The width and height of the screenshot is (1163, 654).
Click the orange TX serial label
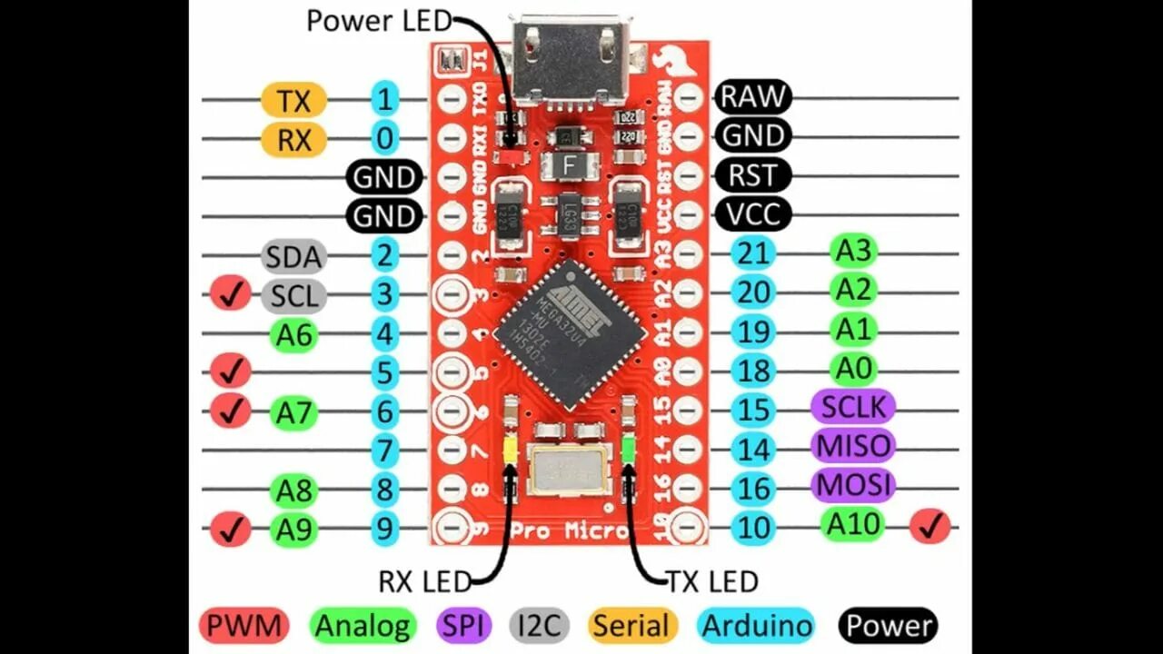point(293,100)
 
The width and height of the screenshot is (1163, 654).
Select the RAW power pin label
point(753,96)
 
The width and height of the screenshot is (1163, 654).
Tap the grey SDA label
point(293,257)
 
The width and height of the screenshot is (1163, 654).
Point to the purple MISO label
point(853,446)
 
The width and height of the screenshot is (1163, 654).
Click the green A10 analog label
point(853,524)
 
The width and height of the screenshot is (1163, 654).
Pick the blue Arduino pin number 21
point(752,253)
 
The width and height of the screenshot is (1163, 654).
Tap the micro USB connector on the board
point(570,58)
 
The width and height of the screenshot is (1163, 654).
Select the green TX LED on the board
point(629,449)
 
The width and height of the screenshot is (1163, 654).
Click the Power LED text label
point(378,20)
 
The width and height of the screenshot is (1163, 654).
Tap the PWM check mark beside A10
point(929,526)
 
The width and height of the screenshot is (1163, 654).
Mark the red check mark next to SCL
point(231,295)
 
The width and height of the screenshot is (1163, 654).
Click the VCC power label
point(753,214)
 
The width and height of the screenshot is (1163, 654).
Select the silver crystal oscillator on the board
point(570,471)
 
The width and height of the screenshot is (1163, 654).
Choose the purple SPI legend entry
point(463,625)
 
